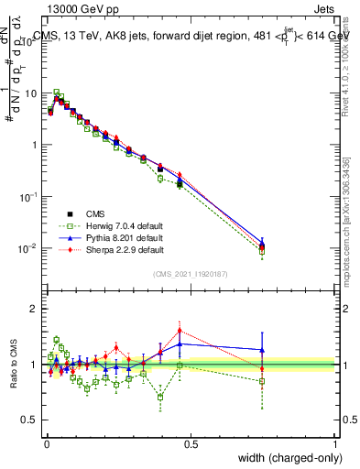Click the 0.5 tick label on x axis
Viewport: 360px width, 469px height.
190,443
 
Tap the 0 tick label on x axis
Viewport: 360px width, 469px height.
45,443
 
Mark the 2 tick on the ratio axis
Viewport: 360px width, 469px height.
34,309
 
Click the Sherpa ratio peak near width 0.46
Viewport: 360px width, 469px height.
180,331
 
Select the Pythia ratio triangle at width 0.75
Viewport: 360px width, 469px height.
263,349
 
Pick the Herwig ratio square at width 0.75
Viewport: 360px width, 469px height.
263,381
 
